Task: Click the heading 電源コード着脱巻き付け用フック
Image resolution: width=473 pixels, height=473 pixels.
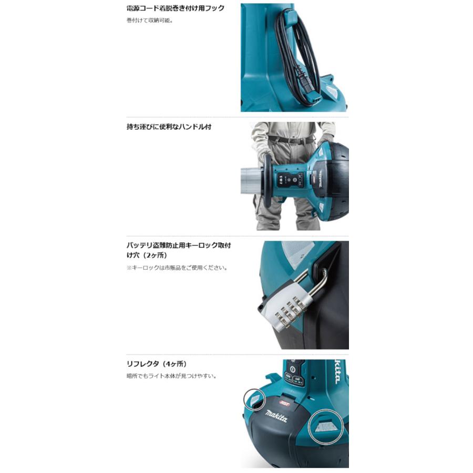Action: pyautogui.click(x=176, y=8)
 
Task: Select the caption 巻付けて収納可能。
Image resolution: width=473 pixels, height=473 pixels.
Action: pyautogui.click(x=150, y=21)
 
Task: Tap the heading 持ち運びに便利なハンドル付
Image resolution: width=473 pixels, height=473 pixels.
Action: pyautogui.click(x=169, y=127)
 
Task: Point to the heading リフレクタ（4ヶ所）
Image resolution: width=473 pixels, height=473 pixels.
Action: pyautogui.click(x=157, y=364)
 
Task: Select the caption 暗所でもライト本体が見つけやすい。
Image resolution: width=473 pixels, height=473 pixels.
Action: pyautogui.click(x=171, y=376)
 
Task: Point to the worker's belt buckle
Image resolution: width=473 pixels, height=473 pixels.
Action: pyautogui.click(x=293, y=140)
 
